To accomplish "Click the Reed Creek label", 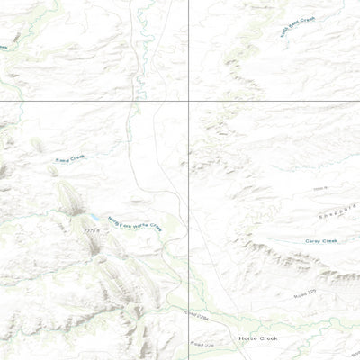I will click(x=69, y=159).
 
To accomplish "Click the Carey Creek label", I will click(x=321, y=240).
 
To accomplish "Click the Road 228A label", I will click(x=195, y=316).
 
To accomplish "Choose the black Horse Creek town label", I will click(x=257, y=338).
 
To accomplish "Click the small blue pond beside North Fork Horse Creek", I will click(x=94, y=217).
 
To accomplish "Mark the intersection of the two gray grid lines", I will click(x=188, y=102).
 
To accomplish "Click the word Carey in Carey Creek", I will click(x=314, y=240).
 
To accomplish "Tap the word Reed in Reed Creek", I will click(x=63, y=160).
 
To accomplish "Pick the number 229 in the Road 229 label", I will click(x=313, y=292).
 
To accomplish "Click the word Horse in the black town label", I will click(x=247, y=338).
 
